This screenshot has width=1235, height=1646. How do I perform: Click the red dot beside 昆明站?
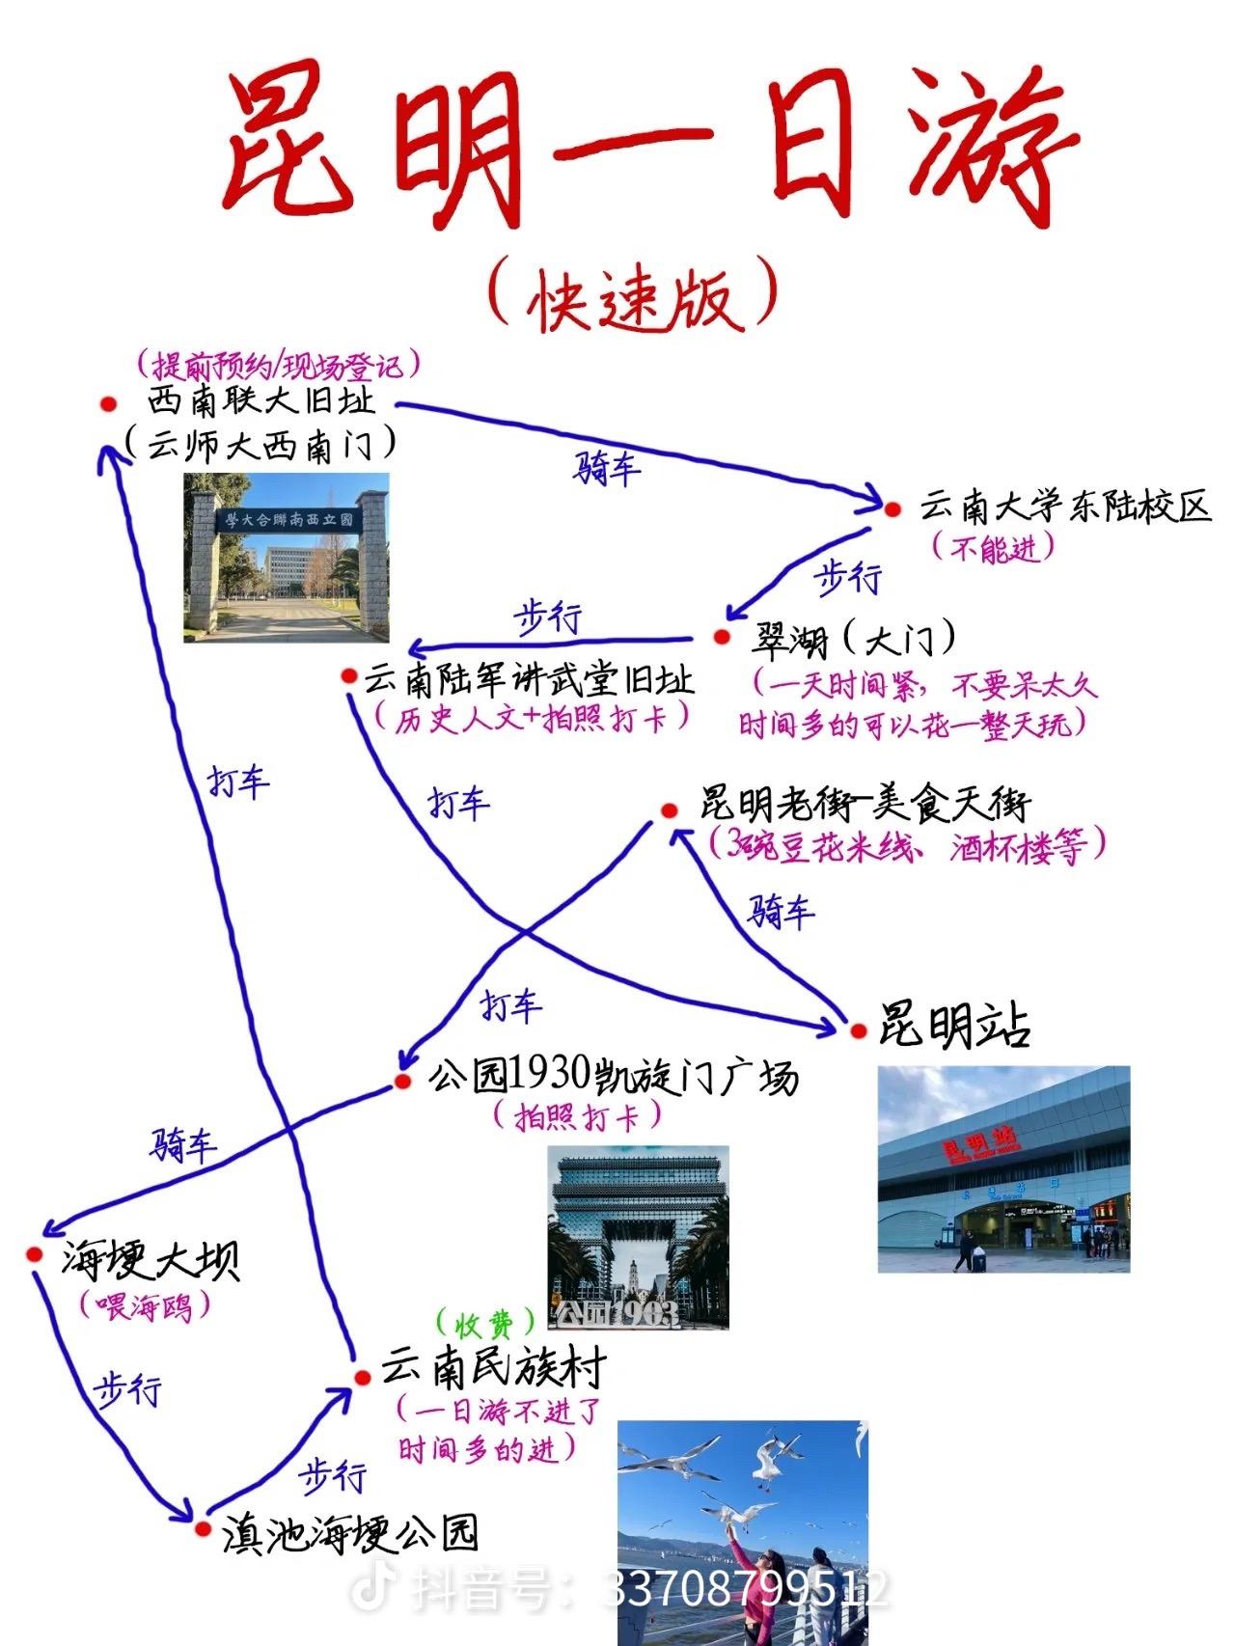pyautogui.click(x=859, y=1031)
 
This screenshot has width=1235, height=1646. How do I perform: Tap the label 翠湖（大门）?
pyautogui.click(x=855, y=639)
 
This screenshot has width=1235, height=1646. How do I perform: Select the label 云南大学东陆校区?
pyautogui.click(x=1064, y=507)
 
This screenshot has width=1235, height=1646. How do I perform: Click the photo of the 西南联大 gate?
pyautogui.click(x=287, y=558)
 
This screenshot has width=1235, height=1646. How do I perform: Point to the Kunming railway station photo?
pyautogui.click(x=1003, y=1169)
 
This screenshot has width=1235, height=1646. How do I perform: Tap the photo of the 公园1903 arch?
pyautogui.click(x=638, y=1238)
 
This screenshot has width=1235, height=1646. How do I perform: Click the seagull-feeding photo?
pyautogui.click(x=743, y=1532)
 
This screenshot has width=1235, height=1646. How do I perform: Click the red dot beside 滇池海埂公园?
pyautogui.click(x=203, y=1528)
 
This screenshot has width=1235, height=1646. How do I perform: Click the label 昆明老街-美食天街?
pyautogui.click(x=864, y=802)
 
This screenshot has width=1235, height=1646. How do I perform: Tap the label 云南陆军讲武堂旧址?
pyautogui.click(x=529, y=679)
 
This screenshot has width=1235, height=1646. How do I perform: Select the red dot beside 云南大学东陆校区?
pyautogui.click(x=892, y=509)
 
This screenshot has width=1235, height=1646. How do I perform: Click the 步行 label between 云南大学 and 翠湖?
pyautogui.click(x=849, y=578)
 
